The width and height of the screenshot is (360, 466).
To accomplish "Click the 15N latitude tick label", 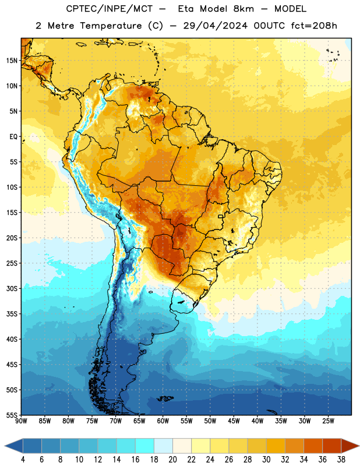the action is coord(12,61).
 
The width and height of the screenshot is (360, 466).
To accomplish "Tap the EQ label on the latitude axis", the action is coord(13,137).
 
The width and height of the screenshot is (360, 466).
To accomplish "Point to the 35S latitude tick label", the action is coord(12,314).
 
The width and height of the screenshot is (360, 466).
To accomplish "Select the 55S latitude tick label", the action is coord(12,415).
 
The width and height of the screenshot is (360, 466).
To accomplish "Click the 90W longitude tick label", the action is coord(21,421).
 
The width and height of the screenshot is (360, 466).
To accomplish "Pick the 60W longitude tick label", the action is coord(163,421).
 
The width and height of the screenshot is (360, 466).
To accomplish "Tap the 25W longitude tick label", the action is coord(328,421).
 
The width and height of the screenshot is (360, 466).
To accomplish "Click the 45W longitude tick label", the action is coord(234,421).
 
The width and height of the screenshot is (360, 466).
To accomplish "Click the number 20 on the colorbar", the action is coord(172,460).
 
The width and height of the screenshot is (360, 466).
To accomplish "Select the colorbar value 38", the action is coord(341,460).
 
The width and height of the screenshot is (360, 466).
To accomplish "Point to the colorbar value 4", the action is coord(23,460).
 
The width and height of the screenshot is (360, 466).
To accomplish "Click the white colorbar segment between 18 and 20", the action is coord(163,446).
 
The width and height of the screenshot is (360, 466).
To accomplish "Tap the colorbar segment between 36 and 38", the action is coord(332,446).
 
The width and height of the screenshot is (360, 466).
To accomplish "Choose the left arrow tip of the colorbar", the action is coord(5,446).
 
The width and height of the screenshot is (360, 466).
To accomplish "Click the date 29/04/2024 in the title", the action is coord(215,26).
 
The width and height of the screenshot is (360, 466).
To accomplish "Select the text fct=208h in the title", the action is coord(314,26).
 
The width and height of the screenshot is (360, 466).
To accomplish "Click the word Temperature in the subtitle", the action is coord(111,26).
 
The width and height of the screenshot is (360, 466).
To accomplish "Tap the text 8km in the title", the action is coord(243,9).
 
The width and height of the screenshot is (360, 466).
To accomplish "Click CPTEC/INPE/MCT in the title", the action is coord(109,9).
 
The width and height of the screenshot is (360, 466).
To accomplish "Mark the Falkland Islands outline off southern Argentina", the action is coord(165,398).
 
